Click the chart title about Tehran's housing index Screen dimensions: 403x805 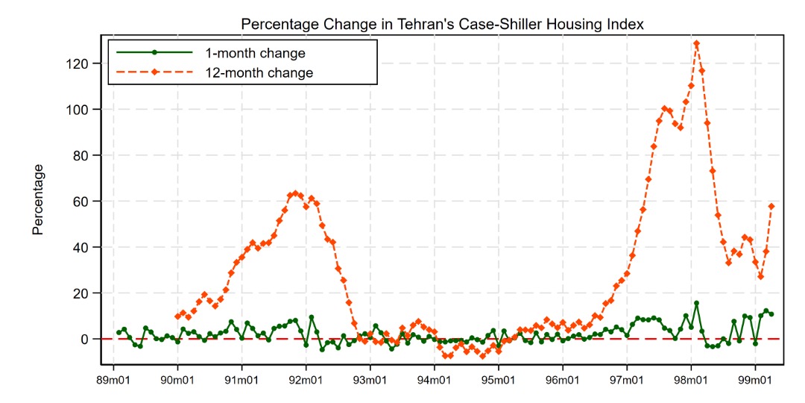pos(442,25)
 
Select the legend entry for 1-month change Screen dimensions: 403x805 pos(255,54)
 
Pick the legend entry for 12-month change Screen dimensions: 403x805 pos(259,73)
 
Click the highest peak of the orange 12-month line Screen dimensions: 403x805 pos(696,43)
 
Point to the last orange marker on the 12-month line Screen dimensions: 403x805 pos(771,206)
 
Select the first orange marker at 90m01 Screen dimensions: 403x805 pos(177,316)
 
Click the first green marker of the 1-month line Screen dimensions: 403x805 pos(119,332)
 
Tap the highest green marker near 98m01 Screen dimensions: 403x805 pos(696,303)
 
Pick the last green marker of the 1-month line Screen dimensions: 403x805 pos(771,313)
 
